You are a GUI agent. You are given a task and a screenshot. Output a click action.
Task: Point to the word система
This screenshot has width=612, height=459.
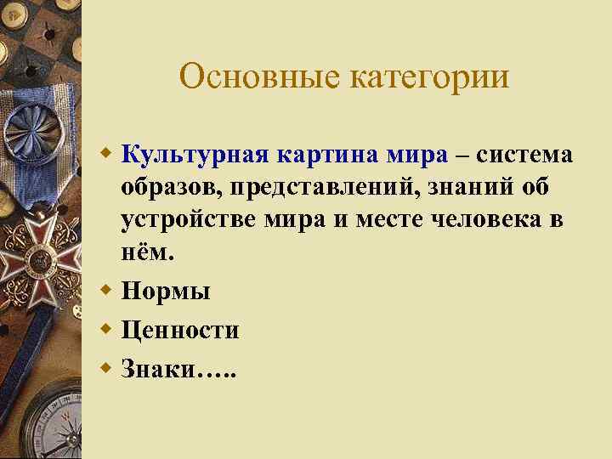pyautogui.click(x=523, y=155)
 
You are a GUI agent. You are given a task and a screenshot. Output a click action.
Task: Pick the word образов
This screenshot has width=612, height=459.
pyautogui.click(x=167, y=187)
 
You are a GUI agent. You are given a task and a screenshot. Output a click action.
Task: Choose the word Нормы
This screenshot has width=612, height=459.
pyautogui.click(x=166, y=292)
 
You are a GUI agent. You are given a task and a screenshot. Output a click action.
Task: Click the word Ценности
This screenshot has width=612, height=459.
pyautogui.click(x=180, y=330)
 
